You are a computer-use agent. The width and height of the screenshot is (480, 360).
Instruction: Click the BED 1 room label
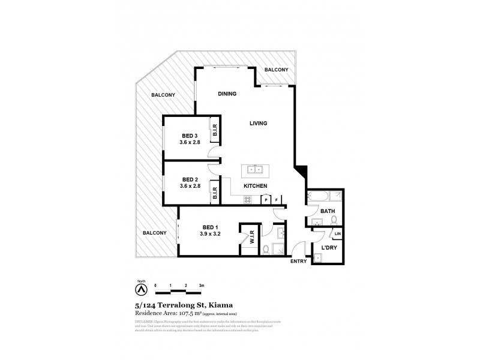pyautogui.click(x=209, y=227)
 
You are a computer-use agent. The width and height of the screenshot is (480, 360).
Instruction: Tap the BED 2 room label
pyautogui.click(x=190, y=179)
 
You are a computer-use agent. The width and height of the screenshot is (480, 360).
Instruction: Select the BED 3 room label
pyautogui.click(x=190, y=135)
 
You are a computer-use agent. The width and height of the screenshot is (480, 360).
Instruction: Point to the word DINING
pyautogui.click(x=227, y=94)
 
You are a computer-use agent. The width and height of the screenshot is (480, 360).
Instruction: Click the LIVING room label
pyautogui.click(x=258, y=124)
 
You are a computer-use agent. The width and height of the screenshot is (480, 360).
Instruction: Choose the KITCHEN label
pyautogui.click(x=255, y=187)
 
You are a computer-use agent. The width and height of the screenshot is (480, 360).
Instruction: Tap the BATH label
pyautogui.click(x=327, y=211)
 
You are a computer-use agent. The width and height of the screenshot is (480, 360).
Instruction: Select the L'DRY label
pyautogui.click(x=328, y=248)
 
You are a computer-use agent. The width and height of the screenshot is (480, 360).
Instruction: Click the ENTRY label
pyautogui.click(x=298, y=262)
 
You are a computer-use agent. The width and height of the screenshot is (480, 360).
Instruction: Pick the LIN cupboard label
pyautogui.click(x=337, y=233)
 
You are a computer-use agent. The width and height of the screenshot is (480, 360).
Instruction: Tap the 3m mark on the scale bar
pyautogui.click(x=202, y=285)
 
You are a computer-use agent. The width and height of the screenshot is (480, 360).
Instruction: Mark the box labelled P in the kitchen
pyautogui.click(x=266, y=200)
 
